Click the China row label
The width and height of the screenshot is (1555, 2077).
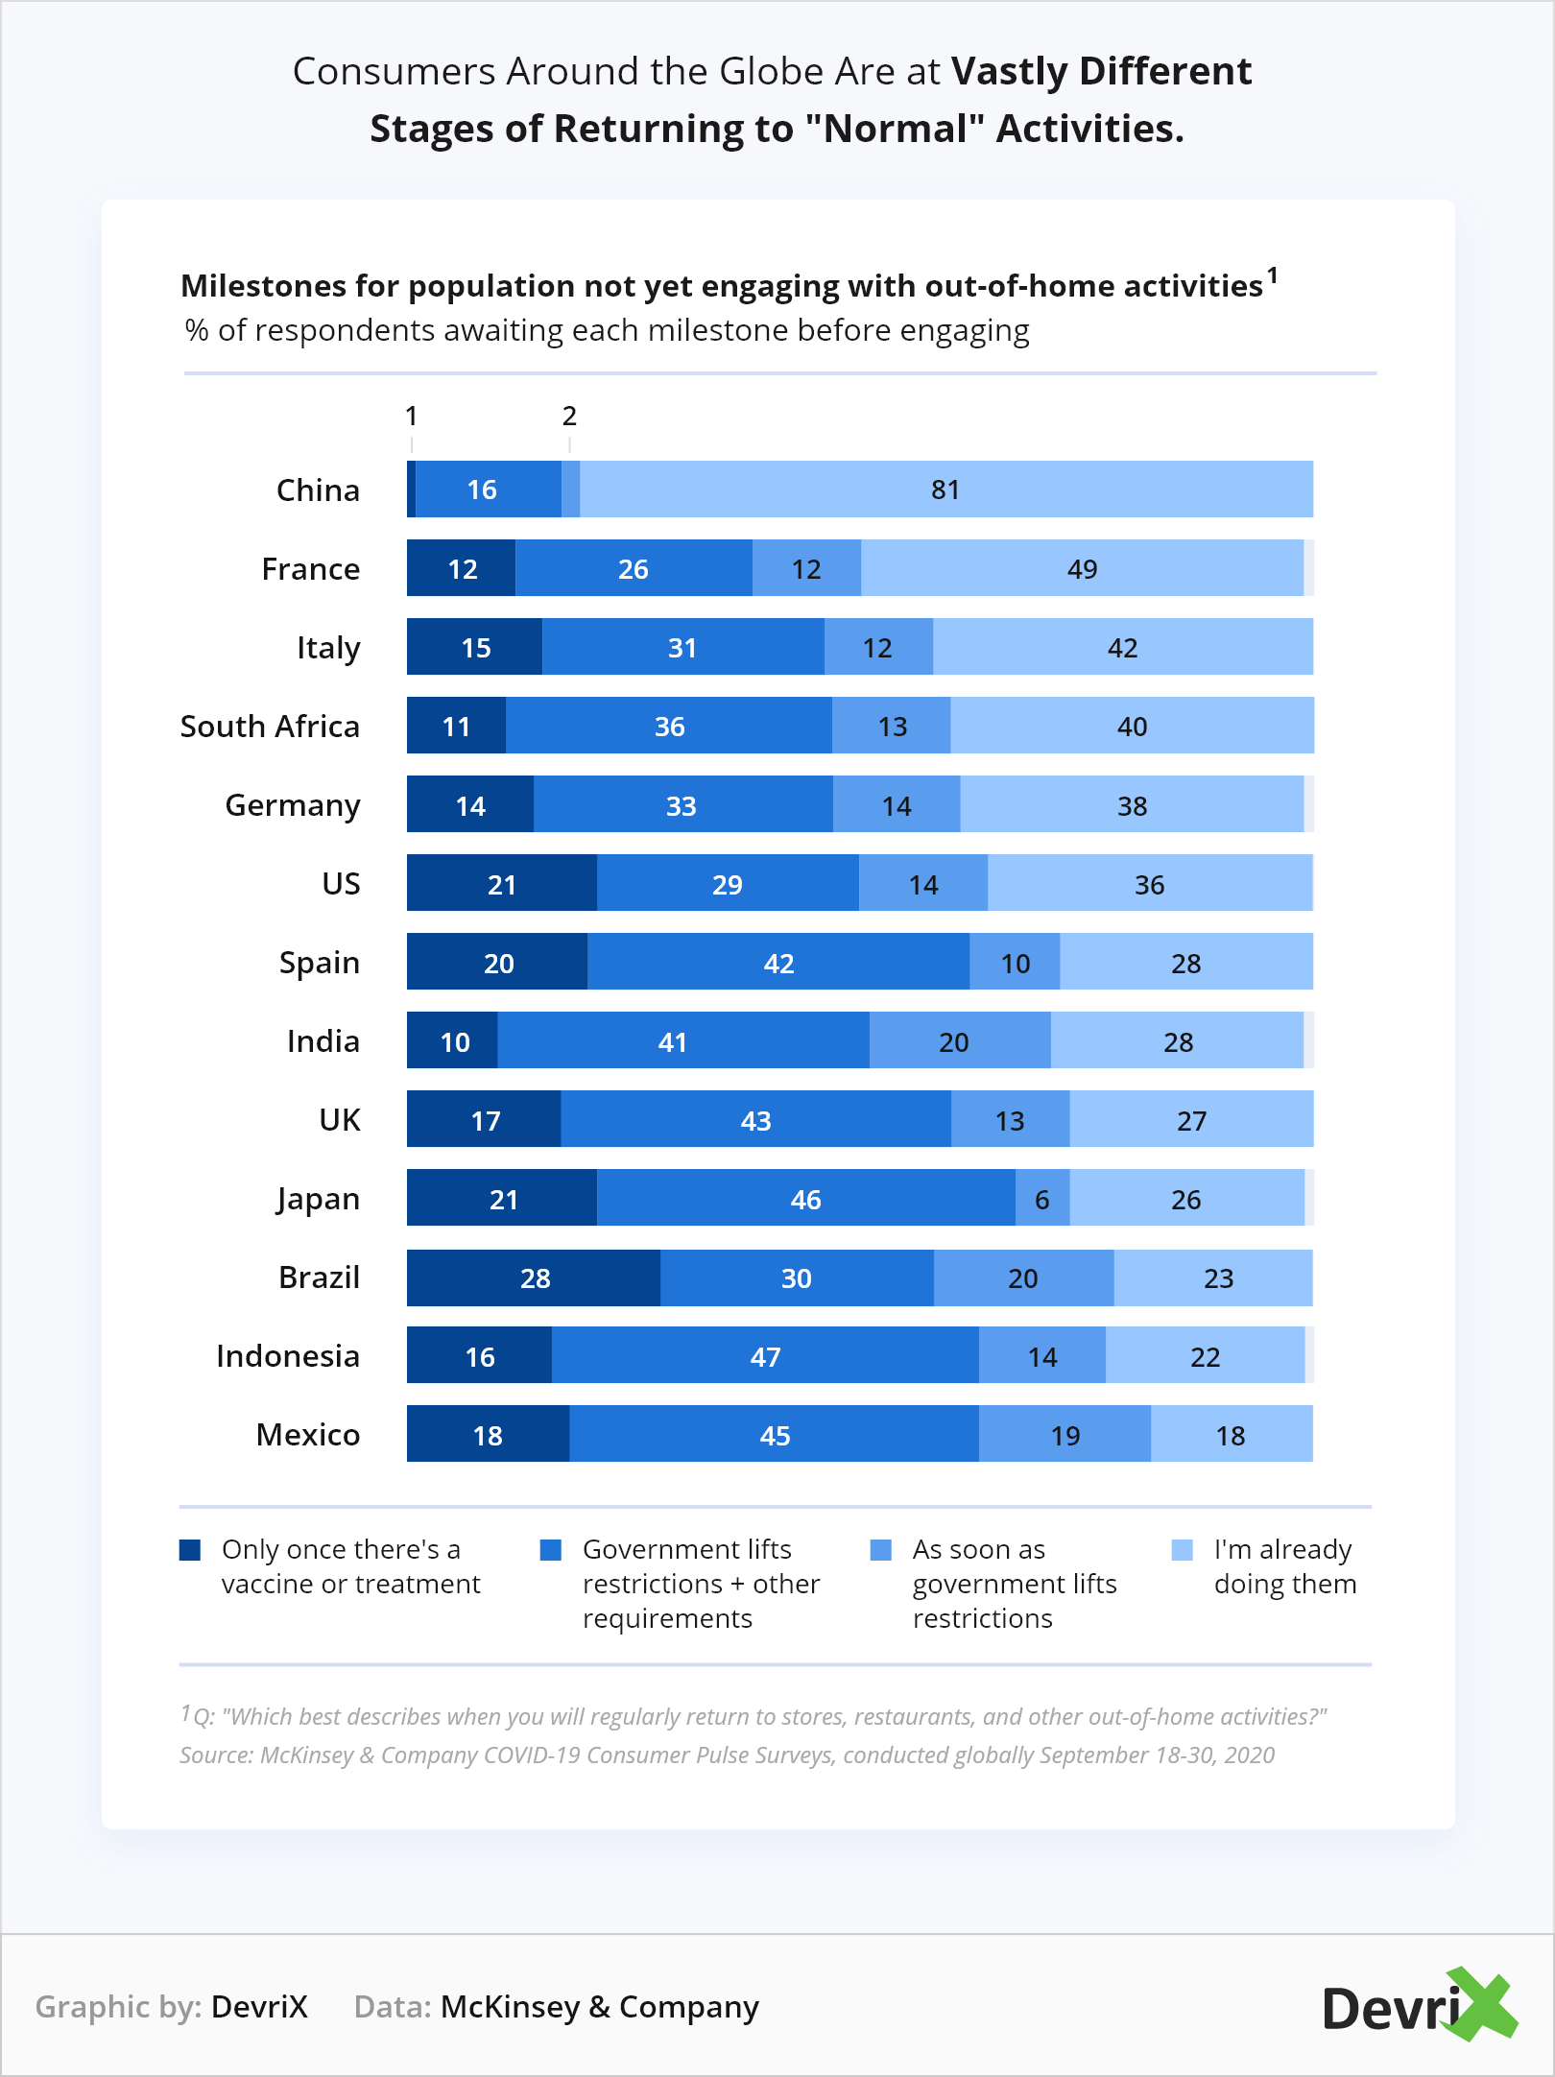coord(318,490)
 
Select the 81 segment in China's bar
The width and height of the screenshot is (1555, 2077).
coord(945,489)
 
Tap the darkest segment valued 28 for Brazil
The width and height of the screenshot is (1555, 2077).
coord(534,1278)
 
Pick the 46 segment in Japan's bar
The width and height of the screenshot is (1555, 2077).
coord(805,1199)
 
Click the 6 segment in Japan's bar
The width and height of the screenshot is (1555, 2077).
coord(1042,1199)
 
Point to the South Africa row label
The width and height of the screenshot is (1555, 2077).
coord(270,727)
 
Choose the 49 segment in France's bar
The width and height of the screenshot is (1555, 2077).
coord(1082,568)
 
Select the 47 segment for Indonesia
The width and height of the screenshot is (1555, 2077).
coord(765,1356)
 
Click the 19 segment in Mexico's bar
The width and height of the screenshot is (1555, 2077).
coord(1065,1435)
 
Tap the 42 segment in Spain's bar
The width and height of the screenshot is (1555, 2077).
coord(778,963)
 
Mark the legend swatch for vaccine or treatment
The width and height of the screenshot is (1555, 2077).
coord(190,1550)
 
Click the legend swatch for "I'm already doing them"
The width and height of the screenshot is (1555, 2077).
coord(1183,1550)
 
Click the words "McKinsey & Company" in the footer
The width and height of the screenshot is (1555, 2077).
coord(599,2007)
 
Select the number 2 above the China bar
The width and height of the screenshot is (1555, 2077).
coord(569,417)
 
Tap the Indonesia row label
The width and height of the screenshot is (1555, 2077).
coord(288,1356)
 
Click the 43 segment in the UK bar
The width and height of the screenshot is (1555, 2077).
coord(755,1120)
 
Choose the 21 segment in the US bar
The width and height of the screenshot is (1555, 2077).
coord(501,884)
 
